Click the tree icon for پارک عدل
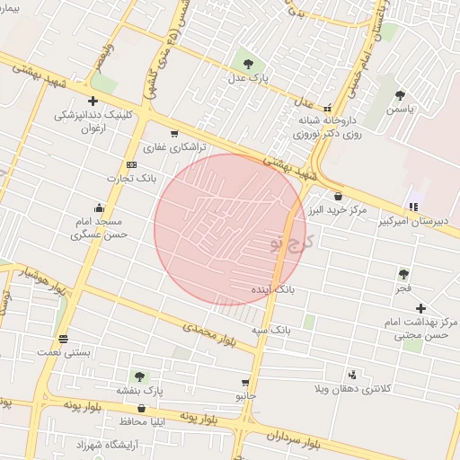(x=247, y=64)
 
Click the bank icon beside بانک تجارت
(x=132, y=164)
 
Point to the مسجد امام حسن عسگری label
(x=101, y=227)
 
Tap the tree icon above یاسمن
(x=400, y=94)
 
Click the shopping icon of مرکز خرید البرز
(x=338, y=196)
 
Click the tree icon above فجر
(x=403, y=274)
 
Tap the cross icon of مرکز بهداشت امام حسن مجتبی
(x=420, y=308)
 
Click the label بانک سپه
(x=270, y=331)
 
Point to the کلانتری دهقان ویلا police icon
(x=352, y=374)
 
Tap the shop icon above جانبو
(x=245, y=383)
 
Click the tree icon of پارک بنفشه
(x=138, y=376)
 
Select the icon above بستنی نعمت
(x=63, y=340)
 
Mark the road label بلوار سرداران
(x=292, y=438)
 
